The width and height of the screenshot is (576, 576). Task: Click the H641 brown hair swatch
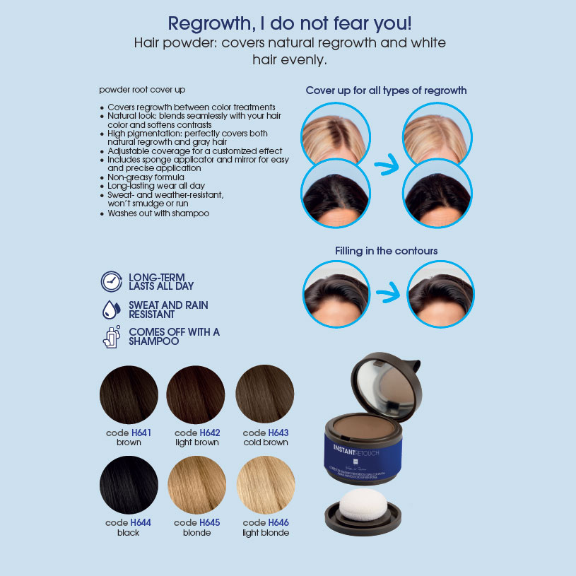point(129,394)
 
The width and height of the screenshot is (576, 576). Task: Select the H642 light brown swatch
point(196,394)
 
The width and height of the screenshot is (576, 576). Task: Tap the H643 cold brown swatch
point(265,394)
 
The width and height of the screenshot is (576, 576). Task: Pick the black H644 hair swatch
point(129,486)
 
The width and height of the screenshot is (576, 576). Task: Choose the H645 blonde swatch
point(196,486)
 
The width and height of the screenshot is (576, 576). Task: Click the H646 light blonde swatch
point(265,486)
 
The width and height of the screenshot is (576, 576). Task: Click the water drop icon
point(111,309)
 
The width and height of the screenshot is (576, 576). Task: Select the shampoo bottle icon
point(111,336)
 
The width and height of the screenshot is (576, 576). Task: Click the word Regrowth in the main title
point(210,23)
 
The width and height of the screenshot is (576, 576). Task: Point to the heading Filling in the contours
point(386,250)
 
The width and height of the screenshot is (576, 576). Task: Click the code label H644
point(128,522)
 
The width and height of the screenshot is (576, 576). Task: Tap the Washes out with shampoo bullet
point(158,213)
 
